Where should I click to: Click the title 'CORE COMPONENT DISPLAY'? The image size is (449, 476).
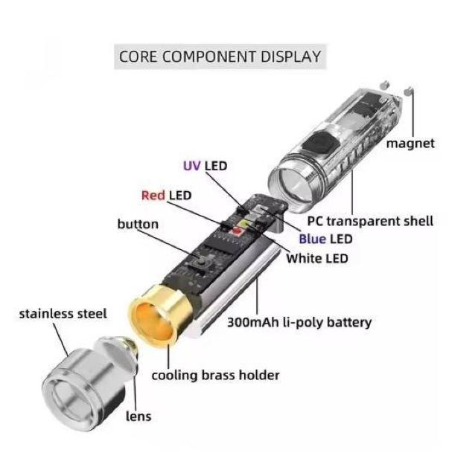pyautogui.click(x=220, y=57)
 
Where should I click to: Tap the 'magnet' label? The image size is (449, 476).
pyautogui.click(x=410, y=144)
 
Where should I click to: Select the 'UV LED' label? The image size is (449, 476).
pyautogui.click(x=205, y=166)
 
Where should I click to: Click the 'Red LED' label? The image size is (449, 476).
pyautogui.click(x=166, y=196)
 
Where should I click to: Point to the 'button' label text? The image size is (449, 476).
pyautogui.click(x=138, y=224)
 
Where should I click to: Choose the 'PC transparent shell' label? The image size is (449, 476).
pyautogui.click(x=370, y=221)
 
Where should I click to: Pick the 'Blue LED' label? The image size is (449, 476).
pyautogui.click(x=325, y=239)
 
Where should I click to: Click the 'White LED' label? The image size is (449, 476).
pyautogui.click(x=317, y=258)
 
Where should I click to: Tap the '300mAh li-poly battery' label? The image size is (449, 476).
pyautogui.click(x=299, y=323)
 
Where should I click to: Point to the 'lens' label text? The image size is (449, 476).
pyautogui.click(x=138, y=416)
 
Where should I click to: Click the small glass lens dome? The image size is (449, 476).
pyautogui.click(x=127, y=347)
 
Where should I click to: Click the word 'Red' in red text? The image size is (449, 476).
pyautogui.click(x=153, y=196)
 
